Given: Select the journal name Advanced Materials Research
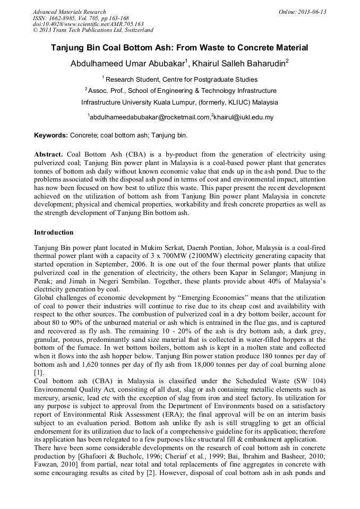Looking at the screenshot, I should click(x=69, y=12).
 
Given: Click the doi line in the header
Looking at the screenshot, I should click(x=88, y=24).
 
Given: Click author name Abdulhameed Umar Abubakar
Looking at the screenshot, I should click(x=127, y=64).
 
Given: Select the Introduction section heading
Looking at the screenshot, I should click(x=54, y=232).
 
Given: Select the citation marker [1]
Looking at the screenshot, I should click(x=38, y=372).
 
